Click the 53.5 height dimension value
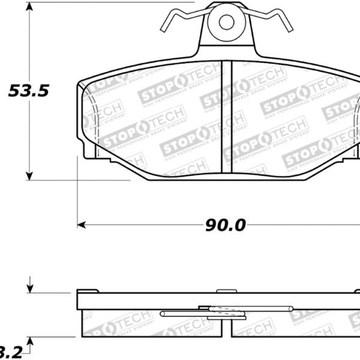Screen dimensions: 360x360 28,91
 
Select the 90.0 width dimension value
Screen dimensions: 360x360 226,225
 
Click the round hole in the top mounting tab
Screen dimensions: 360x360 226,22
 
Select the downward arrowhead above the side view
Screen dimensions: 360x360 30,289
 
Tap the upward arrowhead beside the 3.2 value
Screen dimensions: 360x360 30,341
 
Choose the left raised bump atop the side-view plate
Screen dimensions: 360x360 88,290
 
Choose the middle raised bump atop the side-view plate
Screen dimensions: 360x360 226,290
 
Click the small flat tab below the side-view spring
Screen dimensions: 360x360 218,318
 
